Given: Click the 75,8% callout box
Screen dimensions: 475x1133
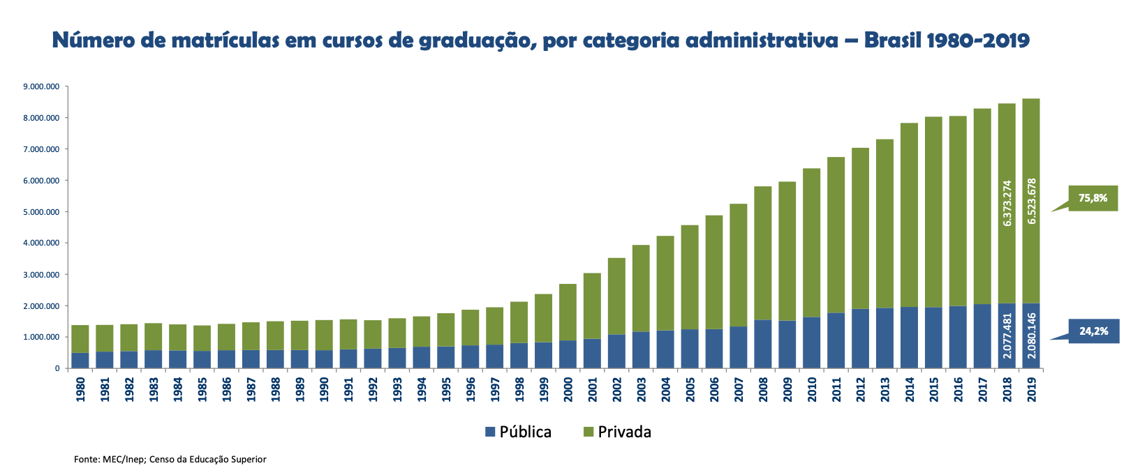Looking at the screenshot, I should [x=1093, y=198].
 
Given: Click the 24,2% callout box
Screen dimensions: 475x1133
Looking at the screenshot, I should [x=1093, y=331].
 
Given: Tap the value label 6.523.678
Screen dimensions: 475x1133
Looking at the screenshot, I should [x=1032, y=202].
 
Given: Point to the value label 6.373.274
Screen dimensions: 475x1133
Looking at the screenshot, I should [x=1007, y=203].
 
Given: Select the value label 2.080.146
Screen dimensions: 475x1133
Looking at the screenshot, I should [x=1032, y=335].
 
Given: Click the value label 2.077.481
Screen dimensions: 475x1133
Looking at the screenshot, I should [x=1007, y=335].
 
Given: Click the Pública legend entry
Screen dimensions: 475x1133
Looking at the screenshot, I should [x=518, y=432].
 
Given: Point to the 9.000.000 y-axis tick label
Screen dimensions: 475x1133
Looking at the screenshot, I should [x=41, y=86].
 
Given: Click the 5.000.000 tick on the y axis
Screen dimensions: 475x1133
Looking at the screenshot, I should [x=41, y=212].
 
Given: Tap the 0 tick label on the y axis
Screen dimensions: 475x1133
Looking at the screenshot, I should [x=57, y=368].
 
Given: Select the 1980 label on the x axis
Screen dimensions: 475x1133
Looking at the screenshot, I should [x=80, y=389].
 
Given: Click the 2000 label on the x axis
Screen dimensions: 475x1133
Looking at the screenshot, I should [x=568, y=389].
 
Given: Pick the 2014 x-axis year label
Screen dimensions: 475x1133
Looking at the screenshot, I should [x=909, y=389].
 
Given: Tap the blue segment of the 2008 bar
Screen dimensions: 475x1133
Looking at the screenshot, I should [x=763, y=344].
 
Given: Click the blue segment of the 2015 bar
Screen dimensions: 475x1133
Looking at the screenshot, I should [x=933, y=338].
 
